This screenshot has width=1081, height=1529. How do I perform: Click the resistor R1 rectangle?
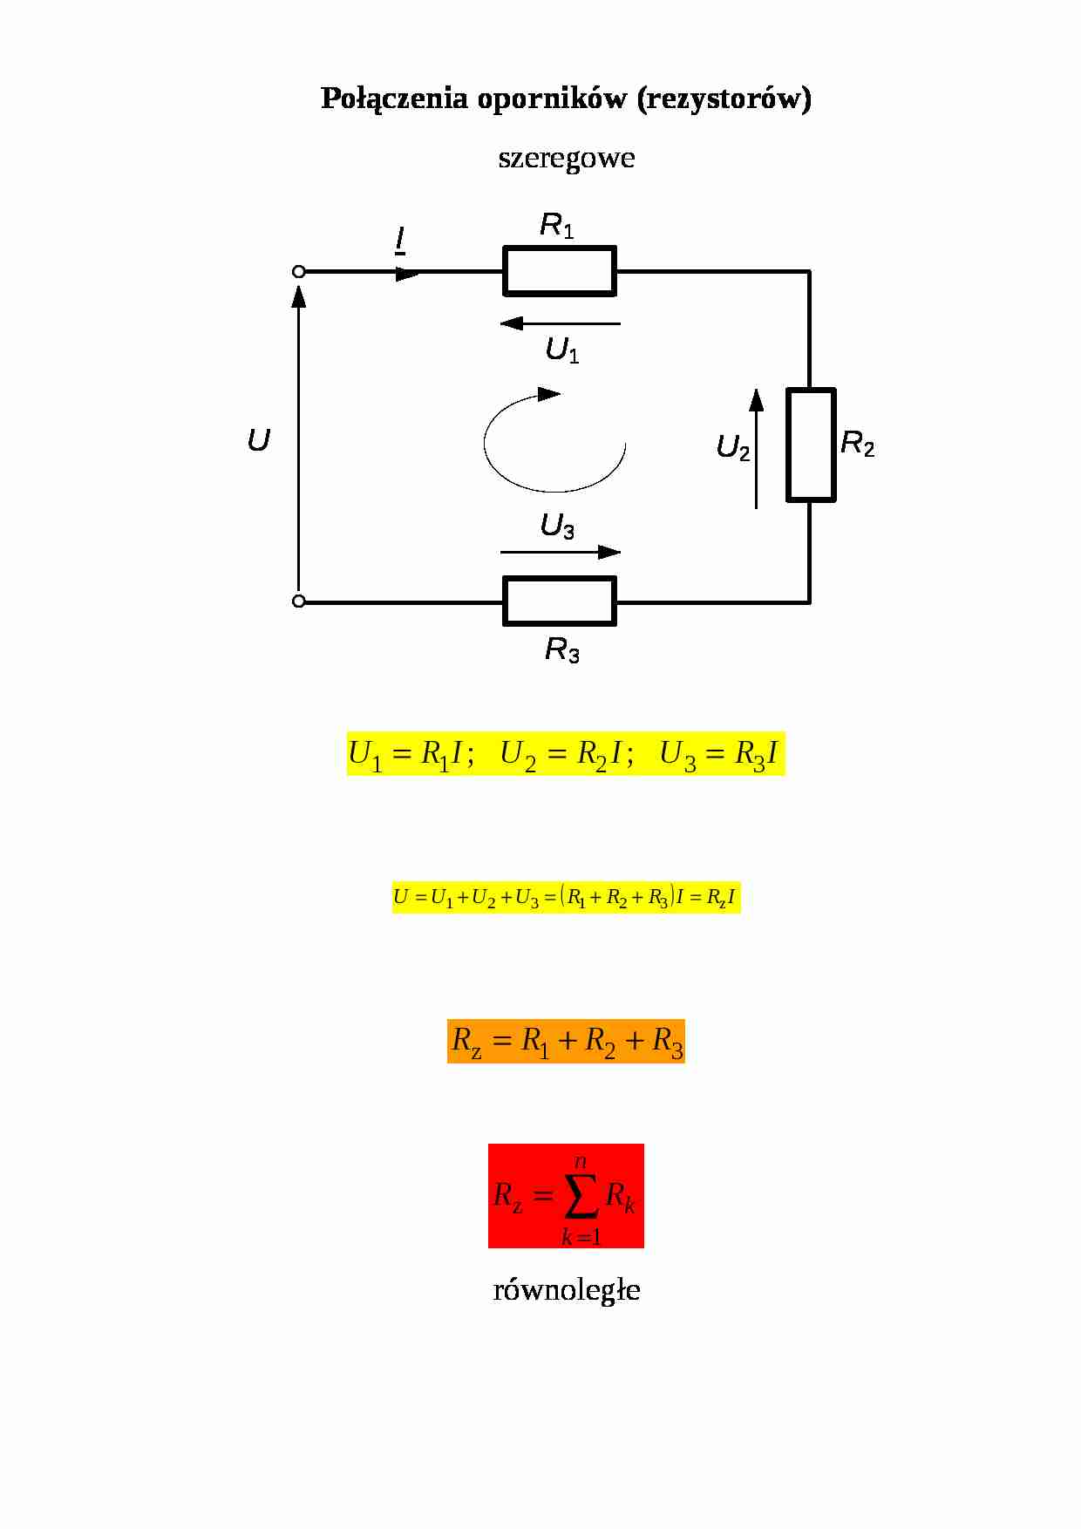(560, 270)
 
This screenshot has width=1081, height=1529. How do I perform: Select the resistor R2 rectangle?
(811, 445)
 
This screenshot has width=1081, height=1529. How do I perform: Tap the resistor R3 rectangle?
(560, 601)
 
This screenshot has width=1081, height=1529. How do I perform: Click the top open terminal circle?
(298, 272)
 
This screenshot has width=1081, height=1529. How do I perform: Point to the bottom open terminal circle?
(298, 601)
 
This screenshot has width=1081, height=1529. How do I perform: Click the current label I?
(400, 239)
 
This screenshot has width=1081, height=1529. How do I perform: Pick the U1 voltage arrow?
(560, 323)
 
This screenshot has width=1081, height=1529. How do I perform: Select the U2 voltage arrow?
(756, 448)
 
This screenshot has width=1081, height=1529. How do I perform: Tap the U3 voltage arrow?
(560, 552)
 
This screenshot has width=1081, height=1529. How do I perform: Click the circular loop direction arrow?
(554, 441)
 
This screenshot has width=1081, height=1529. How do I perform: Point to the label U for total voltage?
(258, 441)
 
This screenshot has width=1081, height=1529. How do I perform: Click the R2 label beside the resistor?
(857, 445)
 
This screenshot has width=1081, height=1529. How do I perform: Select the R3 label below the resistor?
(562, 650)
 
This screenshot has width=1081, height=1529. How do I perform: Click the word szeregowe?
(566, 158)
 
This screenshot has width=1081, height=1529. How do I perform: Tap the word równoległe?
(566, 1289)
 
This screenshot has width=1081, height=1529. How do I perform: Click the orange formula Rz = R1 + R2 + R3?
(566, 1041)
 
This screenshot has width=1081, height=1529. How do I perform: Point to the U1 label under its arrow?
(562, 350)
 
